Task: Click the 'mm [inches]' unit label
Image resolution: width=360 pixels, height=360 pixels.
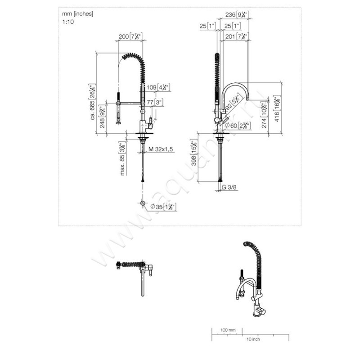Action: pos(77,14)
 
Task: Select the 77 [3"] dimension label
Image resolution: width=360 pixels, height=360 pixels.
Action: pos(156,102)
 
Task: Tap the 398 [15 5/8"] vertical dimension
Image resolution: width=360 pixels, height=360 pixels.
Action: pos(193,157)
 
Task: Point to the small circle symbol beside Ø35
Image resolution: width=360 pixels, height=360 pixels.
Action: pos(143,203)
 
